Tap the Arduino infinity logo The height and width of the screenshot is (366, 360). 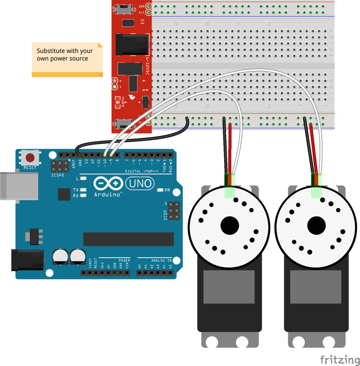108,183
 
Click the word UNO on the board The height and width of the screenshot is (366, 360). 139,184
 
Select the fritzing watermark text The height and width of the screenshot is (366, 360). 340,360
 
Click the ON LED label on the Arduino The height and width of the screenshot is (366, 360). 167,190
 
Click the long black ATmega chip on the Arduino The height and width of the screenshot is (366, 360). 128,239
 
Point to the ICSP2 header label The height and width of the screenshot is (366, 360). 57,176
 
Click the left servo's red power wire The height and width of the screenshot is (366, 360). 230,146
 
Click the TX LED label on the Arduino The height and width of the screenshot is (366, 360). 76,190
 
